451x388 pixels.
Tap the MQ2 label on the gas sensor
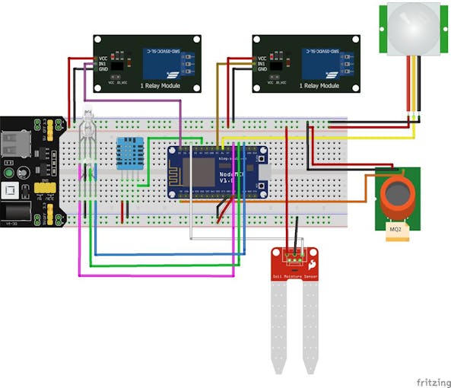[395, 228]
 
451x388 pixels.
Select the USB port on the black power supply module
[15, 144]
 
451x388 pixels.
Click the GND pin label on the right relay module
[262, 69]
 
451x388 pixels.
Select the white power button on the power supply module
[11, 189]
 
